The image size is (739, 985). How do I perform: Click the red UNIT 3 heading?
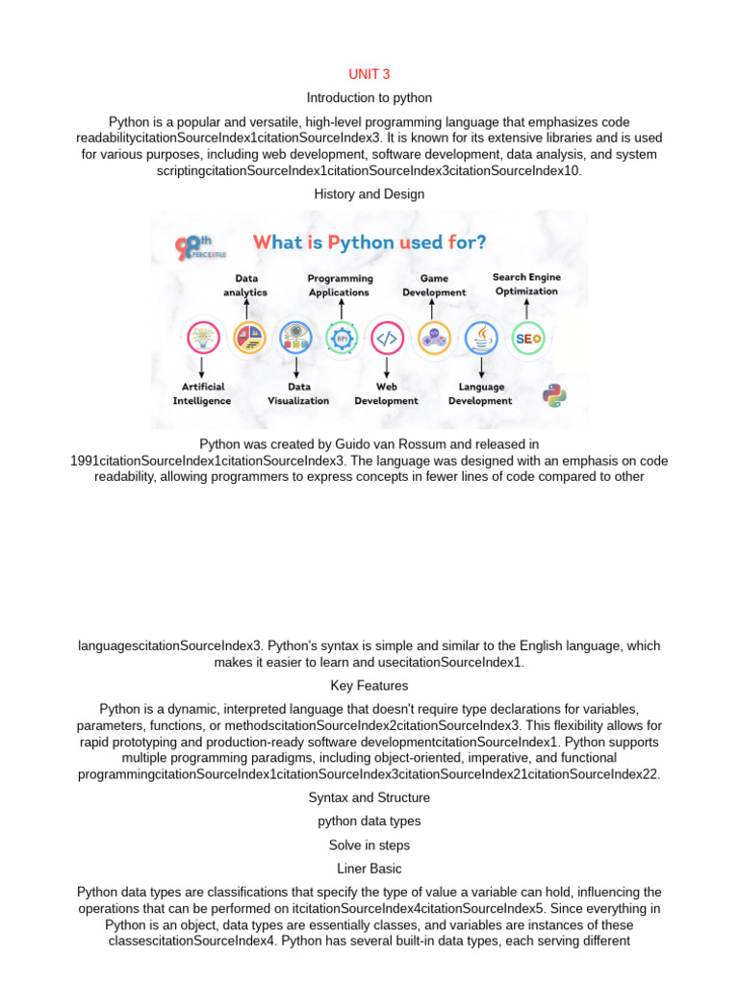(369, 74)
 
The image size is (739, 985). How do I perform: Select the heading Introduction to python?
(369, 98)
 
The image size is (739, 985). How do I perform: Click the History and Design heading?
(369, 194)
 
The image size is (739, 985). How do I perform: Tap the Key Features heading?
(369, 686)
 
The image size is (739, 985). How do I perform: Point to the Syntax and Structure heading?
(369, 797)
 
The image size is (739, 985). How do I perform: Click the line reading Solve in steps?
(369, 845)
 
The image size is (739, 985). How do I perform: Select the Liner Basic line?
(369, 869)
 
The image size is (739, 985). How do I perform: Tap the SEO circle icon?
(528, 339)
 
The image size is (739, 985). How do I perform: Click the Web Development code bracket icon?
(386, 339)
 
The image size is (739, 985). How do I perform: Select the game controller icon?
(433, 339)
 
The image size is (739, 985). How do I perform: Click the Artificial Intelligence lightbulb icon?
(201, 339)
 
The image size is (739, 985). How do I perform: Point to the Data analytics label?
(245, 285)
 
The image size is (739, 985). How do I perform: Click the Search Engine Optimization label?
(526, 284)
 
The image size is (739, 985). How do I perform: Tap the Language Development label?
(480, 393)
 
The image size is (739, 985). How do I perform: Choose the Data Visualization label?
(297, 393)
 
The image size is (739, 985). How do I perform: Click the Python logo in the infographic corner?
(553, 395)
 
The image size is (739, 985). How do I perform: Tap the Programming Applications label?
(340, 285)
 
